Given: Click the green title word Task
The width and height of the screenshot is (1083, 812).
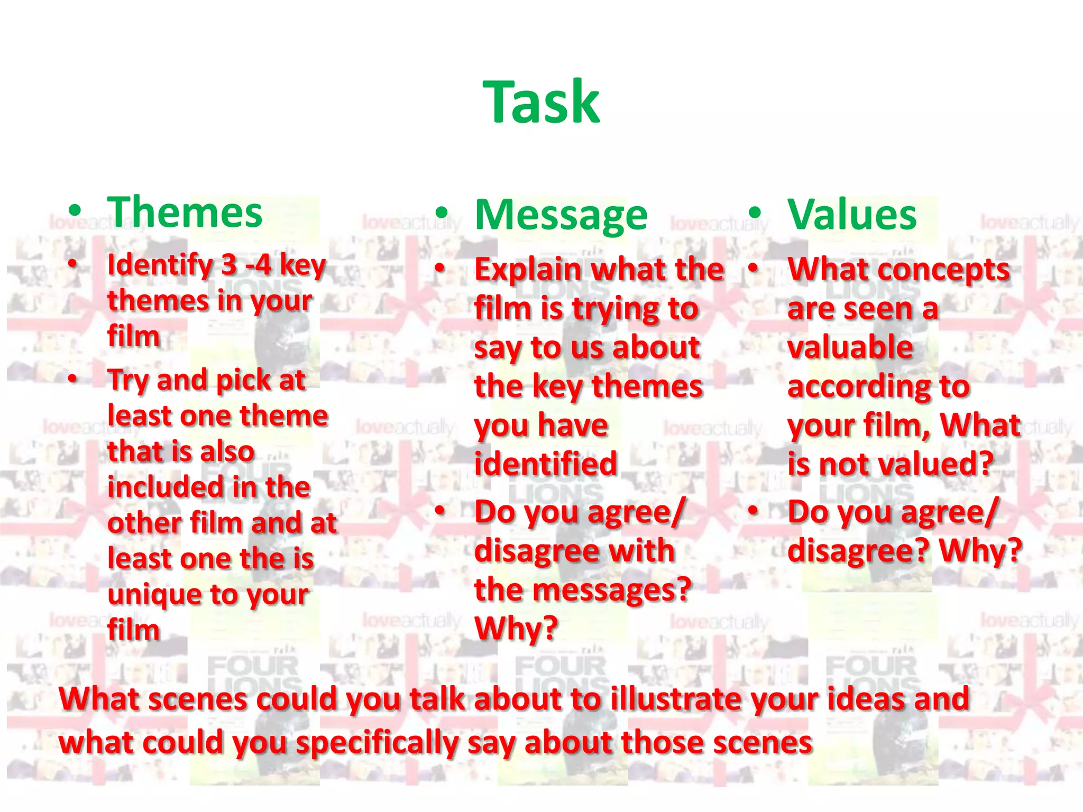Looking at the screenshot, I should (541, 102).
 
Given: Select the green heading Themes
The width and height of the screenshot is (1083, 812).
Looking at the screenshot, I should (185, 212).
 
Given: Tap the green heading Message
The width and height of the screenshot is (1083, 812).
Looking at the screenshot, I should (561, 215).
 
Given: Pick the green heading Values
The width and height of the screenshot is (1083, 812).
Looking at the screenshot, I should (852, 215).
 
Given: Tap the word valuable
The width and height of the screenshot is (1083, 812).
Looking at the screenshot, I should (850, 347).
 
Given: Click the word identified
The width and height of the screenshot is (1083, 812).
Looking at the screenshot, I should (546, 464).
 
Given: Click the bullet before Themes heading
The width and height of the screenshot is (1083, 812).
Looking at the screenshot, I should (76, 211).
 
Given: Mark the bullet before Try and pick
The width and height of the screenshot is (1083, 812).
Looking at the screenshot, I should (73, 379).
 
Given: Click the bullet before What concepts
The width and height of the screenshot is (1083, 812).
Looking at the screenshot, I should (753, 269).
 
